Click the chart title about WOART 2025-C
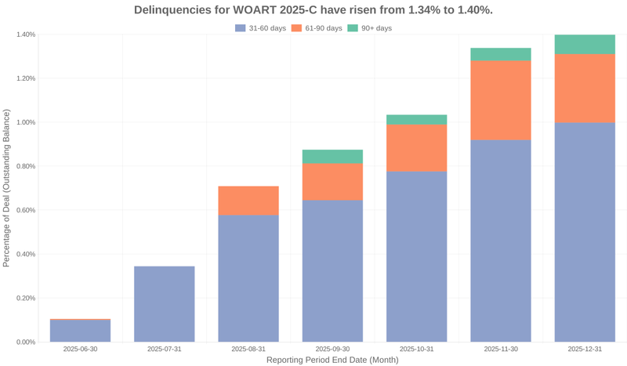point(313,10)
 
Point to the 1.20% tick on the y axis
point(24,78)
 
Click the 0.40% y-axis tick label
point(24,254)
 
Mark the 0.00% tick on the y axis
point(24,342)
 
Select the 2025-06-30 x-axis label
point(80,349)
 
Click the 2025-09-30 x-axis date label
point(332,349)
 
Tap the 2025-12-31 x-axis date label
point(585,349)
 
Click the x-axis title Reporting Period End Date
point(332,361)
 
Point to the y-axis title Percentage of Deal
point(7,188)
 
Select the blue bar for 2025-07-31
point(165,304)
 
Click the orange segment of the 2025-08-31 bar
point(248,201)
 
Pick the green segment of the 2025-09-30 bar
point(332,156)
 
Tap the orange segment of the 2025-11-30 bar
point(501,100)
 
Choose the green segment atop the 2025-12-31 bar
point(585,45)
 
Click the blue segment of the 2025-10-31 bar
point(417,257)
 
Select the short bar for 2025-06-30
point(80,332)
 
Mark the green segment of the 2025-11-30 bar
point(501,54)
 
